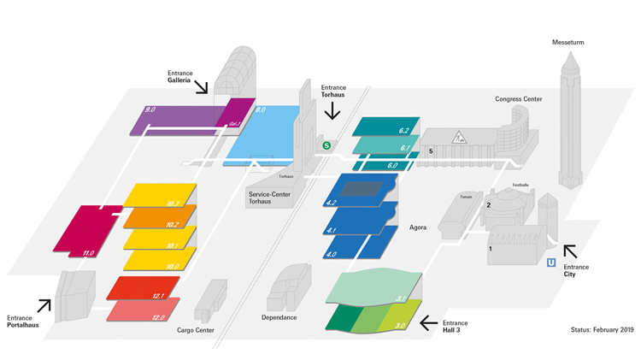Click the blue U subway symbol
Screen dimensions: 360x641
point(551,263)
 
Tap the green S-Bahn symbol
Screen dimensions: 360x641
point(326,146)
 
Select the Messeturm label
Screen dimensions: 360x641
point(568,42)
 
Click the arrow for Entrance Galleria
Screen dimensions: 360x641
point(201,86)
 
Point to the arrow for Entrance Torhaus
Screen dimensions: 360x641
point(333,111)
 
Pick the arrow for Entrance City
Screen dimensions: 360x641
point(569,250)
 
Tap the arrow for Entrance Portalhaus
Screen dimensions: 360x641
point(44,304)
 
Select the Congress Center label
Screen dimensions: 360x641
point(518,99)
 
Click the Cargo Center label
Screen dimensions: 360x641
point(195,331)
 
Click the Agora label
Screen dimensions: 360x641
point(418,228)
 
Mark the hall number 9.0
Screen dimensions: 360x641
point(150,109)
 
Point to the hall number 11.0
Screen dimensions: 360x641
point(87,253)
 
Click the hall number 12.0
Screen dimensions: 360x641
point(158,317)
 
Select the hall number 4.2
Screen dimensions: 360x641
point(332,203)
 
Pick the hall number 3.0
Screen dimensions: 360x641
point(400,325)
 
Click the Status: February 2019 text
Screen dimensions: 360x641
point(601,329)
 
